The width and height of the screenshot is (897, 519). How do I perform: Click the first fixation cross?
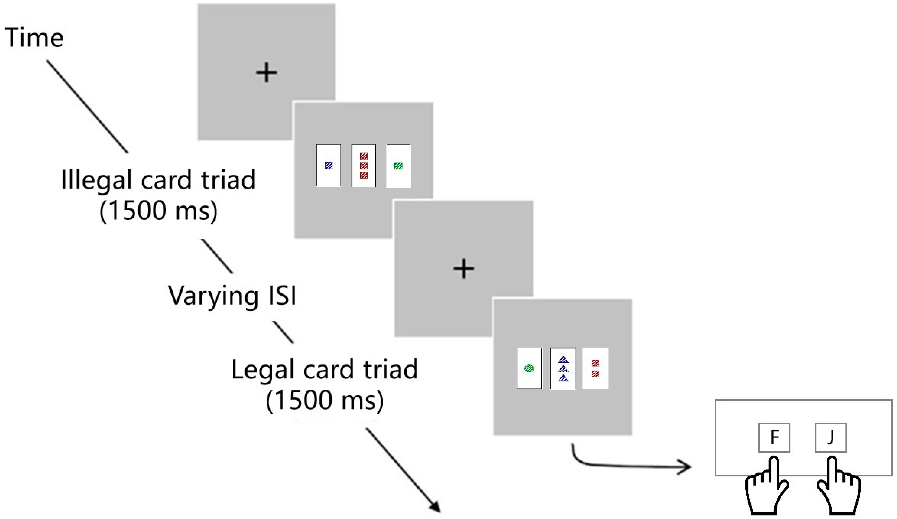point(266,73)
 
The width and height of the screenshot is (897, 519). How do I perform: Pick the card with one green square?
point(398,166)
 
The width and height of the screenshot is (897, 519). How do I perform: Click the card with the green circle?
point(529,368)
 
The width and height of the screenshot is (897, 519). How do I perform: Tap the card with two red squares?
point(595,368)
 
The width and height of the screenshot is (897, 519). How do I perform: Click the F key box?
point(774,437)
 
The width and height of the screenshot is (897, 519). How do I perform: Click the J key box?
point(831,437)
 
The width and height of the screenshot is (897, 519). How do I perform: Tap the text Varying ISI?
point(232,296)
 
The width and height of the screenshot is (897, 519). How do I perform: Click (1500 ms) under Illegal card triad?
point(158,211)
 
